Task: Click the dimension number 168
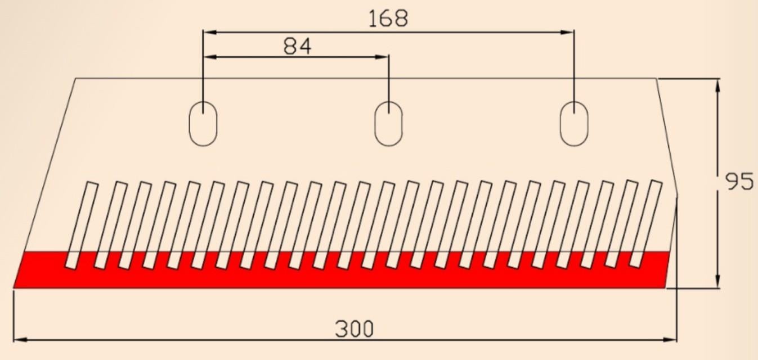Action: point(388,18)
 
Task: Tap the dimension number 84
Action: point(297,46)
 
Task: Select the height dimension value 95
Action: point(739,182)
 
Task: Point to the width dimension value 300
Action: point(355,328)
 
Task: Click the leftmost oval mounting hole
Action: point(203,124)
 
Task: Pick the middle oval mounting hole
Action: point(389,124)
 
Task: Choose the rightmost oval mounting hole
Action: point(574,124)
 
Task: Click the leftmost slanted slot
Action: point(82,226)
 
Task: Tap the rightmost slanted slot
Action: point(645,224)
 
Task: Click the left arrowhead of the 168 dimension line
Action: point(209,33)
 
